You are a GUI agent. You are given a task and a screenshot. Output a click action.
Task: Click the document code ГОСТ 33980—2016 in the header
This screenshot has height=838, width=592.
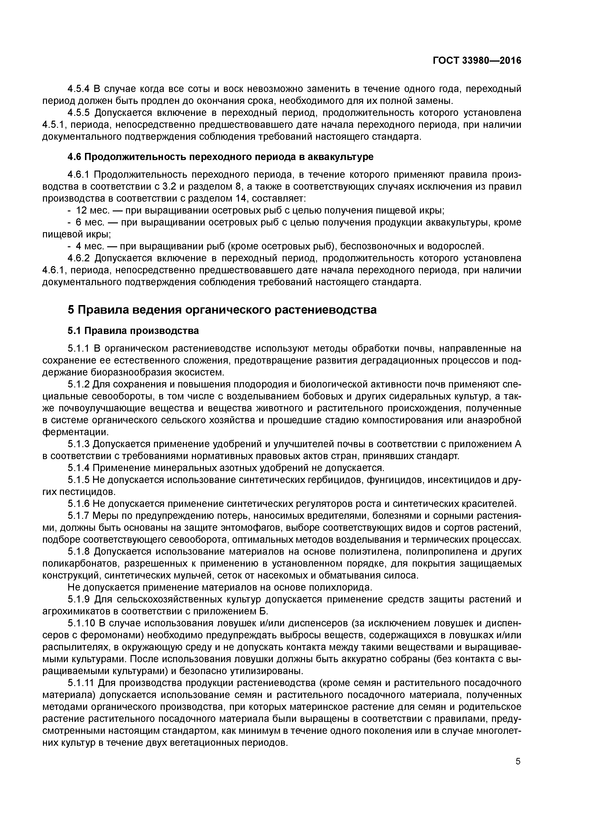point(477,61)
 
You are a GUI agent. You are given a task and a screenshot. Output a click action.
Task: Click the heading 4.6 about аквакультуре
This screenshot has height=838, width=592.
point(220,157)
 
